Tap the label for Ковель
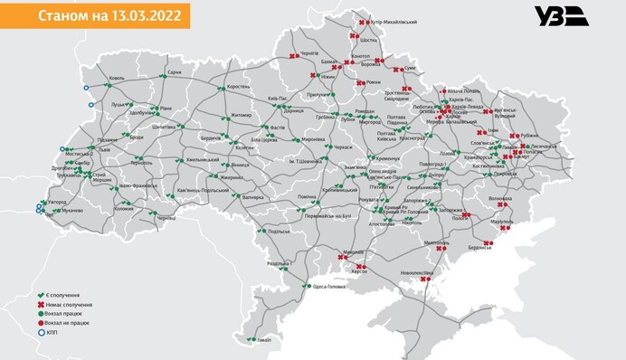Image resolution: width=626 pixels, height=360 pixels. [x=117, y=79]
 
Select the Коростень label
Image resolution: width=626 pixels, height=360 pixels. [x=239, y=87]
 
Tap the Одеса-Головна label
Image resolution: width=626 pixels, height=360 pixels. [x=332, y=287]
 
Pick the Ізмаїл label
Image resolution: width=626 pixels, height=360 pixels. [x=264, y=339]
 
